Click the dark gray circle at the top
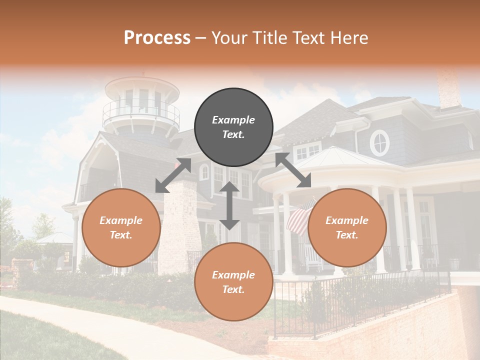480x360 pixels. (233, 127)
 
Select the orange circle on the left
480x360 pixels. (121, 227)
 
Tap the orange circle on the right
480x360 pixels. (347, 227)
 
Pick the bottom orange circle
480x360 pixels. (233, 281)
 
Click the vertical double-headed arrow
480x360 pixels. (229, 205)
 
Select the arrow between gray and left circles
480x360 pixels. (173, 175)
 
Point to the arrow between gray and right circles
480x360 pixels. (293, 170)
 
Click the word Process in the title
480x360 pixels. (157, 38)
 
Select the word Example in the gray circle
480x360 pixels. (233, 120)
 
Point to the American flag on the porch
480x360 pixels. (300, 216)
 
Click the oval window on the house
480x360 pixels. (380, 142)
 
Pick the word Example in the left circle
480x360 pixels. (121, 220)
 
